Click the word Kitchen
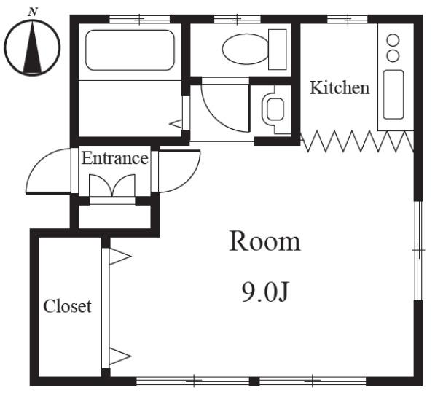[340, 87]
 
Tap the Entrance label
[114, 158]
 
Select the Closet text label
[68, 306]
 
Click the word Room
[265, 242]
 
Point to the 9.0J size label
[265, 292]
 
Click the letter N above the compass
[33, 12]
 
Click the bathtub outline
[130, 50]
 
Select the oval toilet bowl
[246, 49]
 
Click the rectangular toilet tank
[278, 50]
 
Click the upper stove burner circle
[393, 40]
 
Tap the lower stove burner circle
[393, 55]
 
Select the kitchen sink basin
[393, 95]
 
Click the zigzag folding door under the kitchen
[357, 141]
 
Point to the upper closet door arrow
[119, 257]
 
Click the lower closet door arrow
[119, 356]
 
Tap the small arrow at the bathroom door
[176, 124]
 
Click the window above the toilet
[238, 20]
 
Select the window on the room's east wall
[418, 250]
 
